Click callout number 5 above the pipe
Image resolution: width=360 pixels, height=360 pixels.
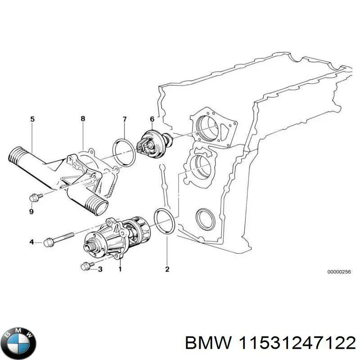(32, 119)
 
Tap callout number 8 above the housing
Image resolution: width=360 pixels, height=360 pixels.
(83, 119)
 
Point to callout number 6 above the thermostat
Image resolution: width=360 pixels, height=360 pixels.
(152, 119)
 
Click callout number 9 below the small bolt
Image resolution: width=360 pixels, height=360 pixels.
(31, 211)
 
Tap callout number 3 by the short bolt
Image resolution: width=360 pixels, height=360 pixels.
(100, 270)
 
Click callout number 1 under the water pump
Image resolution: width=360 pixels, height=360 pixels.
(120, 270)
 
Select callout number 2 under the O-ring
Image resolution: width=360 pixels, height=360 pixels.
(167, 270)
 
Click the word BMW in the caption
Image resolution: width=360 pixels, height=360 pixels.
(207, 343)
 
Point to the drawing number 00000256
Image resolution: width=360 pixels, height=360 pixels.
(338, 272)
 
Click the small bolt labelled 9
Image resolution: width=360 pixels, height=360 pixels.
(35, 197)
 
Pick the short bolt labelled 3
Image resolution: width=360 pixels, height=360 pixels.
(86, 267)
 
